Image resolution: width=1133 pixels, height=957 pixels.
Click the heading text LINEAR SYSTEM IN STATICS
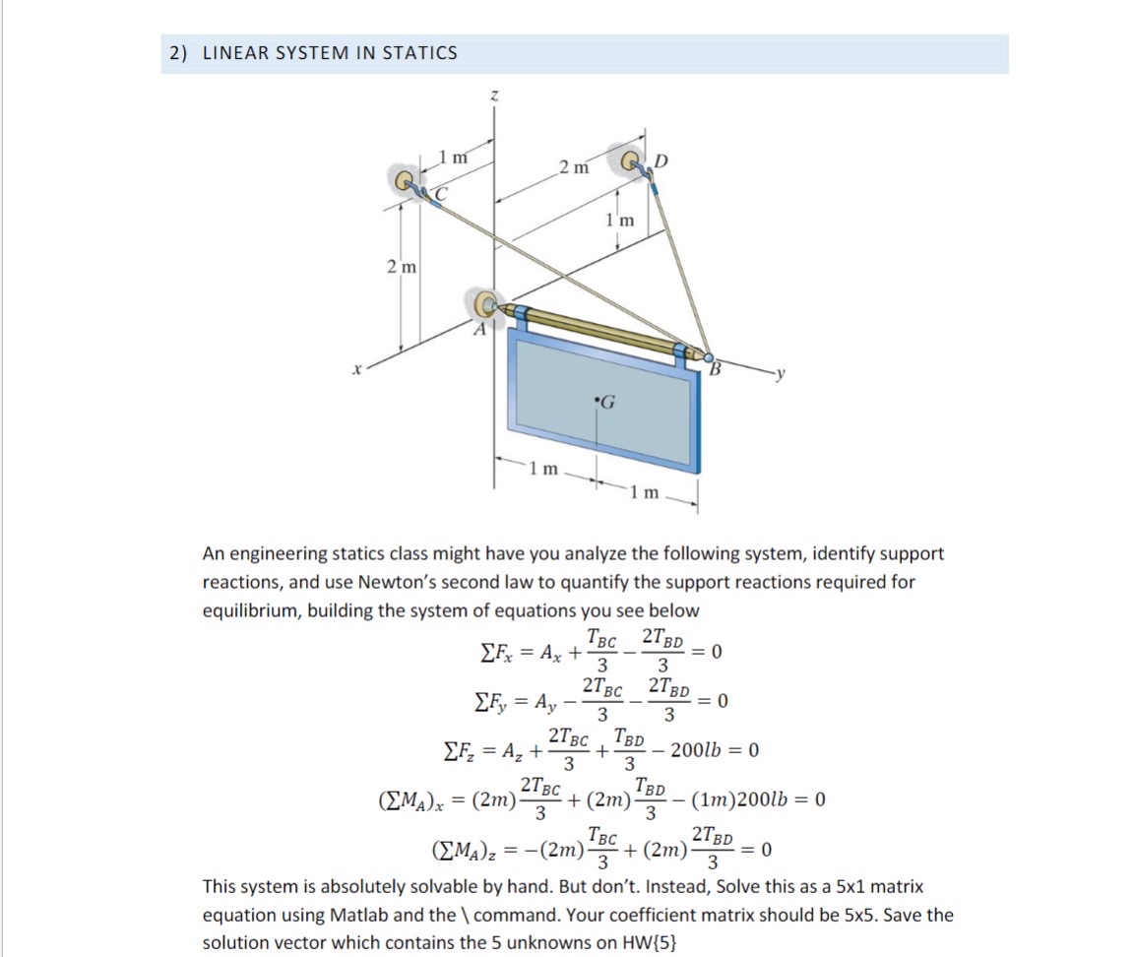[x=330, y=53]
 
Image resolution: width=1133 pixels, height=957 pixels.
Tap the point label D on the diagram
[x=661, y=161]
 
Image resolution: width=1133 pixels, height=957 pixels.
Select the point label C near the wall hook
[x=441, y=195]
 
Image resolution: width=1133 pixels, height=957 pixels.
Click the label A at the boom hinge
[x=481, y=331]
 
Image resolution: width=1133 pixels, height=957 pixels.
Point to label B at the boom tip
[x=716, y=369]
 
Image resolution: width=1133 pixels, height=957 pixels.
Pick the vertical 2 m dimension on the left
[x=401, y=267]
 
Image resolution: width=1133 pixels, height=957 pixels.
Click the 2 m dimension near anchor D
[x=574, y=167]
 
